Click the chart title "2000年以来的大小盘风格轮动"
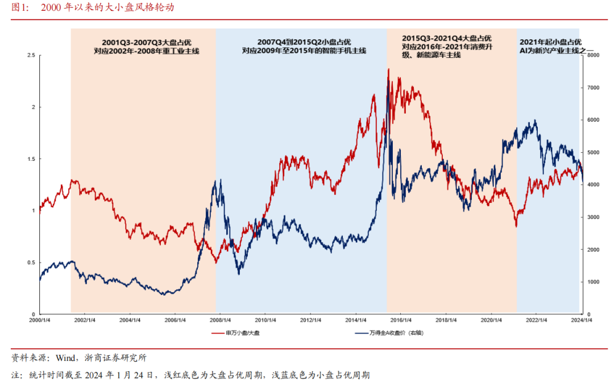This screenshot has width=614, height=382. coord(107,8)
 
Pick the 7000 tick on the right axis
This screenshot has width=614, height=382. coord(594,88)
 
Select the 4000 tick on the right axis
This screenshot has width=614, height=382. coord(594,185)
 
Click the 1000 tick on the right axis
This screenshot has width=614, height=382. coord(594,282)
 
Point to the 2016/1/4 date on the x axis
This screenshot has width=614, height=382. coord(401,320)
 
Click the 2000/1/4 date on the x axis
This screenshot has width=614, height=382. coord(39,320)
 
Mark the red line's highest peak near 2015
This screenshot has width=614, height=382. coord(388,69)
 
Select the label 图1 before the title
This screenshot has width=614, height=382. coord(20,8)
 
